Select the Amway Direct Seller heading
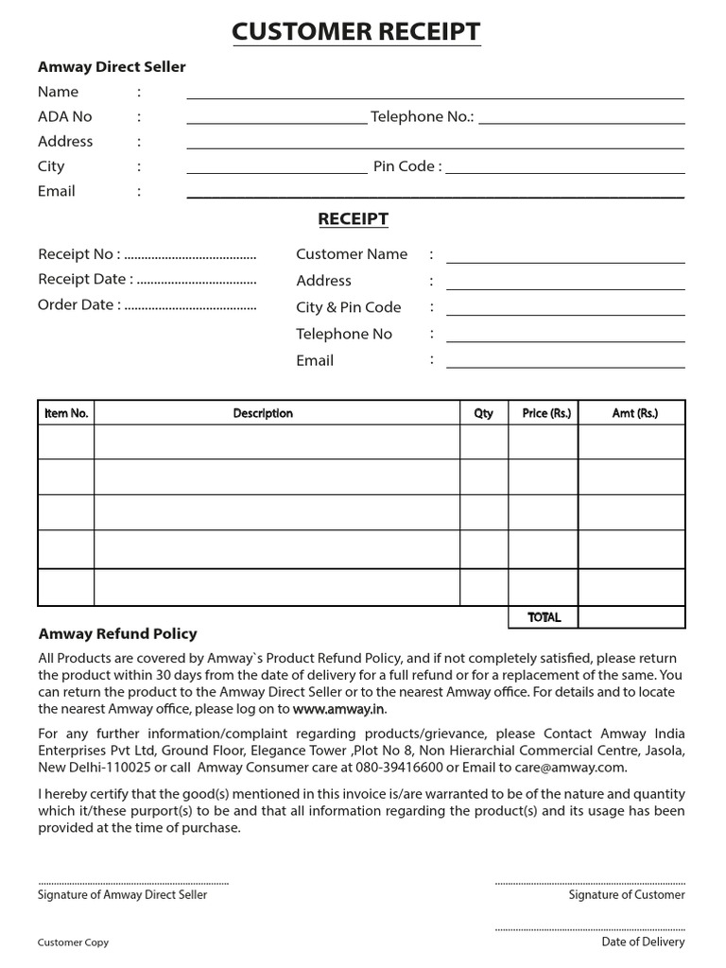coord(112,67)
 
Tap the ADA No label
coord(65,116)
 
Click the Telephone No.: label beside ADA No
coord(423,116)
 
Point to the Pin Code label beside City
coord(406,166)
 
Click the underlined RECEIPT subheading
coord(353,219)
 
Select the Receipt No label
coord(78,254)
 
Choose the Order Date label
coord(78,305)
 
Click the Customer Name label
coord(352,254)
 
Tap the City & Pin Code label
coord(348,307)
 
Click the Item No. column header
coord(66,413)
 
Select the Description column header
coord(263,413)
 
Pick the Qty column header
coord(483,413)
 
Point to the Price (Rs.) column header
coord(546,413)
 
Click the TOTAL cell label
coord(544,617)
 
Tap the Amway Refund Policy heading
coord(117,634)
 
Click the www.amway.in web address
coord(339,709)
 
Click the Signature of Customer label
coord(626,894)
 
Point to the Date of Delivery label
coord(643,942)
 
